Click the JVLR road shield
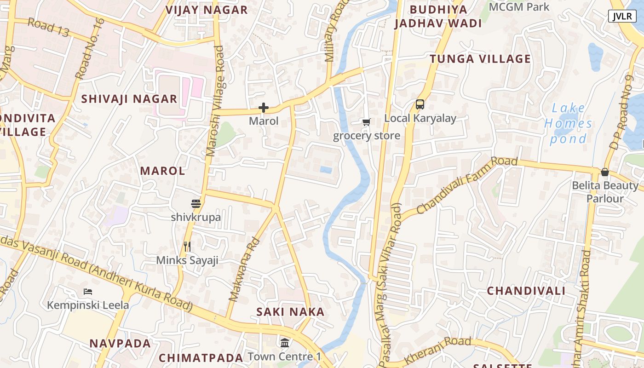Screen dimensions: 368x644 (x=622, y=16)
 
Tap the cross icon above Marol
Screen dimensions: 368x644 (x=264, y=108)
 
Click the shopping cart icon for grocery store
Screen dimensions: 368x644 (x=366, y=122)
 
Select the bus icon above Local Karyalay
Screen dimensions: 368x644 (x=420, y=104)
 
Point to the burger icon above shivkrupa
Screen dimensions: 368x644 (x=196, y=204)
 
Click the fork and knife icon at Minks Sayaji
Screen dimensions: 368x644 (x=187, y=247)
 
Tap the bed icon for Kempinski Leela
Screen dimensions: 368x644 (x=88, y=291)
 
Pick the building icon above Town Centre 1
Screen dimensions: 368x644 (x=285, y=343)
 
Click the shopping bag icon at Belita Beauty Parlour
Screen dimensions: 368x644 (x=605, y=172)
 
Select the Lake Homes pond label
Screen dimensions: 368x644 (x=568, y=123)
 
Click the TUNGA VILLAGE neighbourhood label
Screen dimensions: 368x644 (x=480, y=59)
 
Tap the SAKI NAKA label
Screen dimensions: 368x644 (x=290, y=312)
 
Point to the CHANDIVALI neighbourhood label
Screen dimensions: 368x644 (x=526, y=291)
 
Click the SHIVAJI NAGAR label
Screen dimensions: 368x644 (x=129, y=99)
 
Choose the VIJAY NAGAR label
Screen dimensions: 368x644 (x=207, y=10)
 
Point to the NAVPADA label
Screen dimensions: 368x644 (x=120, y=343)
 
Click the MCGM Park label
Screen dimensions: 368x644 (x=519, y=7)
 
